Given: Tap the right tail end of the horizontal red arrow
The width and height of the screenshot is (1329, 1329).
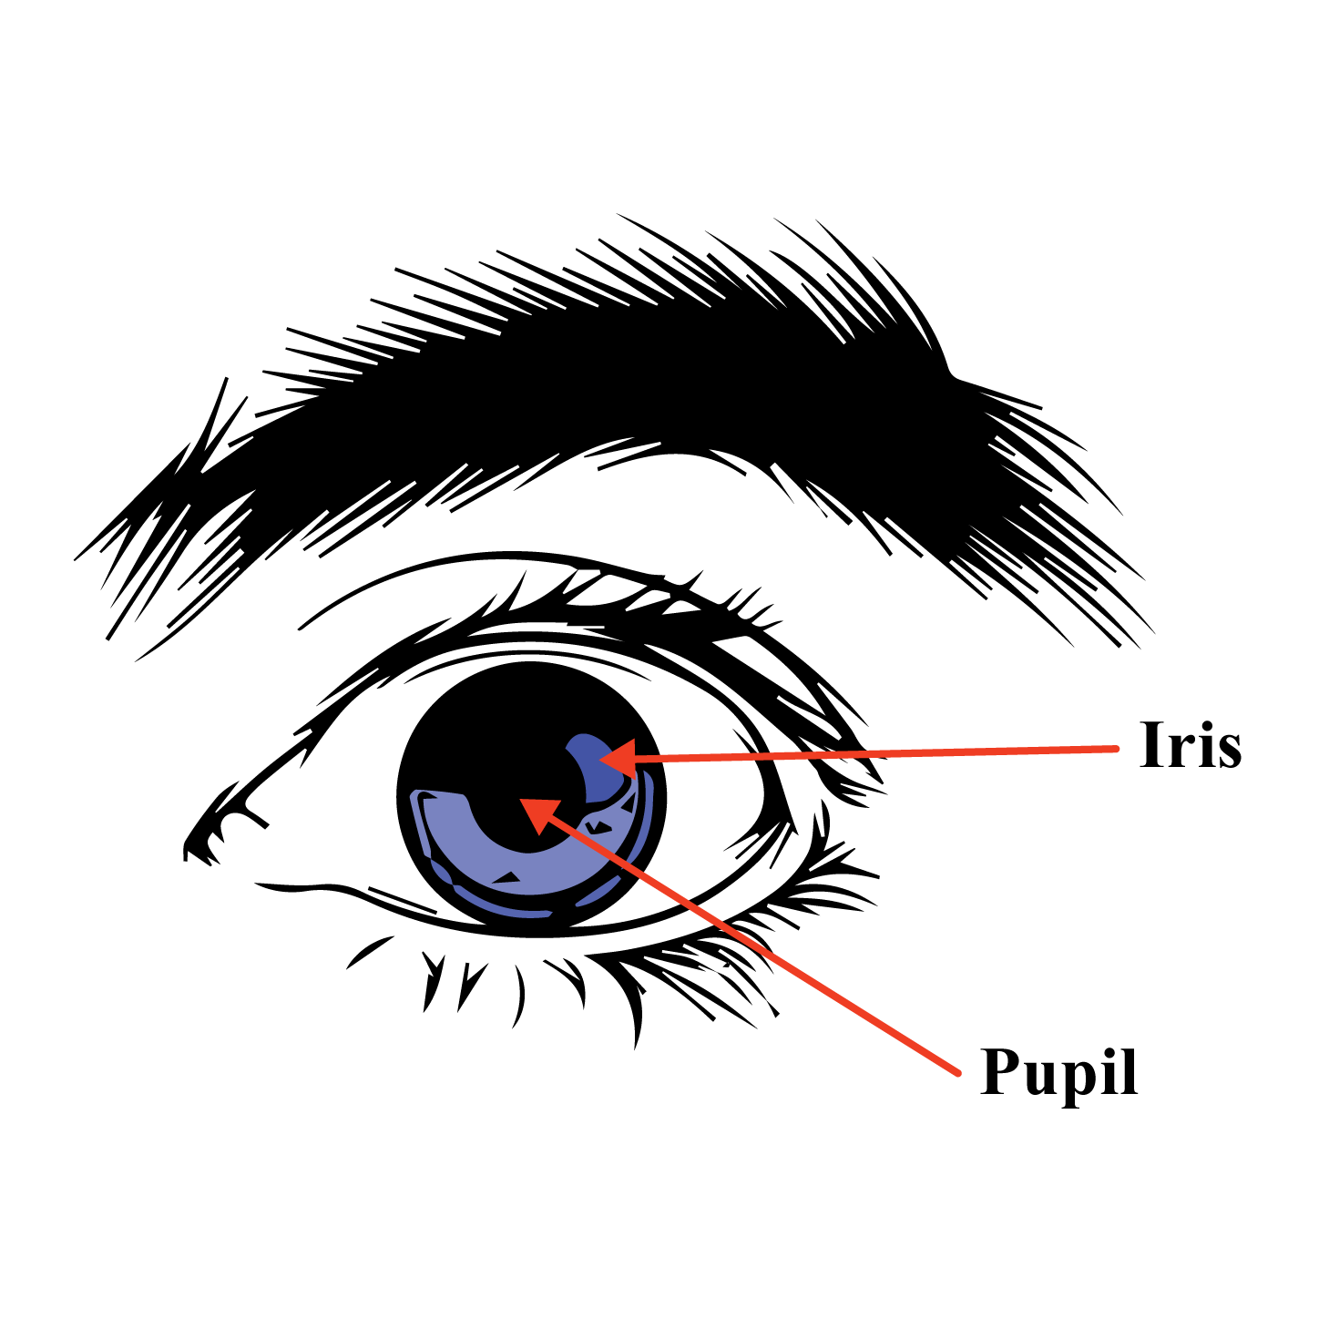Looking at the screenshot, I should click(1117, 749).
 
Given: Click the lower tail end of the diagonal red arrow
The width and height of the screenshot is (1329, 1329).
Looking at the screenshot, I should click(958, 1073).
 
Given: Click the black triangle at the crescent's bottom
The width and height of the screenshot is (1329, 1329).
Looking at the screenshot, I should click(506, 879).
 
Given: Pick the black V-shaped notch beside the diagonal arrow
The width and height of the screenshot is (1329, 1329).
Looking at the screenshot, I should click(598, 828).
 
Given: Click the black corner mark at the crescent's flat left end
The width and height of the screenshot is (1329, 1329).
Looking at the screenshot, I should click(426, 799).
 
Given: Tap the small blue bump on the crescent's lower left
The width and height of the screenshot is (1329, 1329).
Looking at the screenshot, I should click(441, 873).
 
